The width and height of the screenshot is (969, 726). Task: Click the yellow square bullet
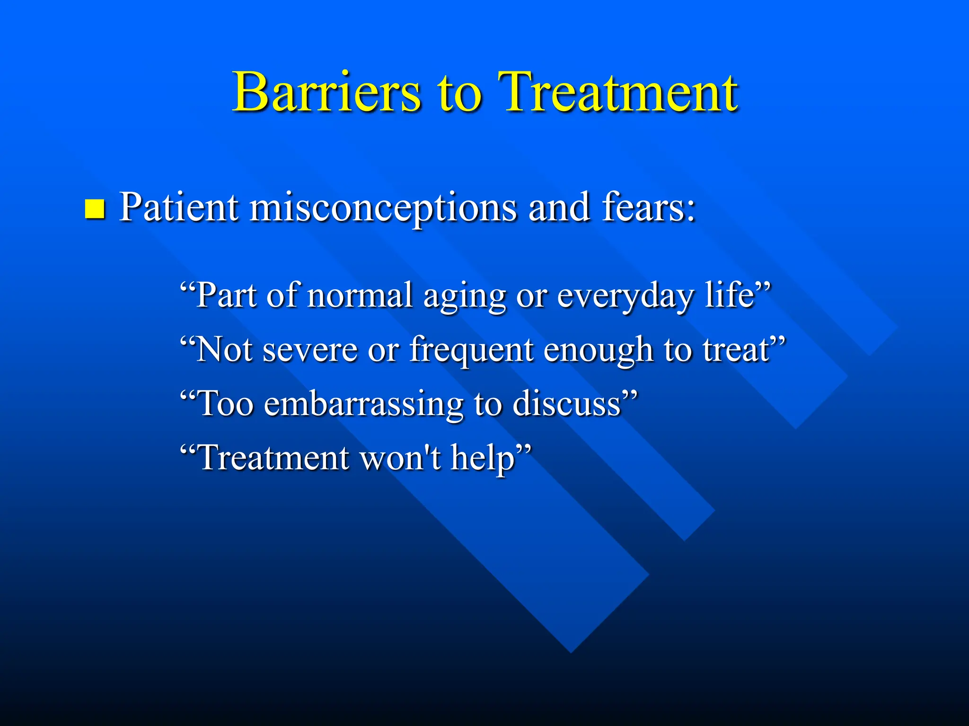tap(95, 209)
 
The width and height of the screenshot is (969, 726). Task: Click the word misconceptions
tap(383, 208)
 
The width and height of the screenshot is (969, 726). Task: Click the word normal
tap(360, 295)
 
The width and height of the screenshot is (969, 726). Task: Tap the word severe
tap(310, 350)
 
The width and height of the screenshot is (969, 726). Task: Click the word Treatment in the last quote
tap(274, 458)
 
